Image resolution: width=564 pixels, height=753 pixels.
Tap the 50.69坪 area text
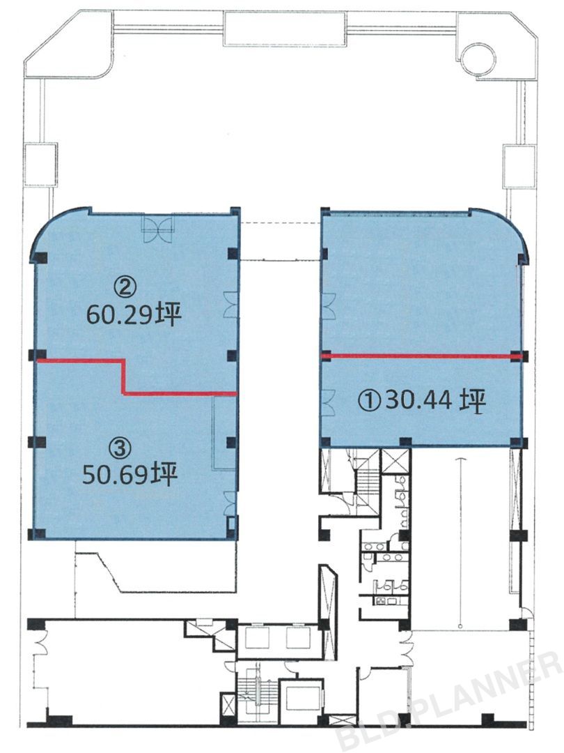click(130, 475)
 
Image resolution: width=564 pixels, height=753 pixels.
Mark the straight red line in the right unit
click(421, 356)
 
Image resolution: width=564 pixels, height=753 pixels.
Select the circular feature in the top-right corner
click(478, 59)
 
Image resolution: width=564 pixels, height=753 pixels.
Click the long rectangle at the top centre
click(284, 29)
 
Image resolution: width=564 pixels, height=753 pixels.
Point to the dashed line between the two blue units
click(280, 223)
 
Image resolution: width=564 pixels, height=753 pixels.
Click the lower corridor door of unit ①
click(329, 402)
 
